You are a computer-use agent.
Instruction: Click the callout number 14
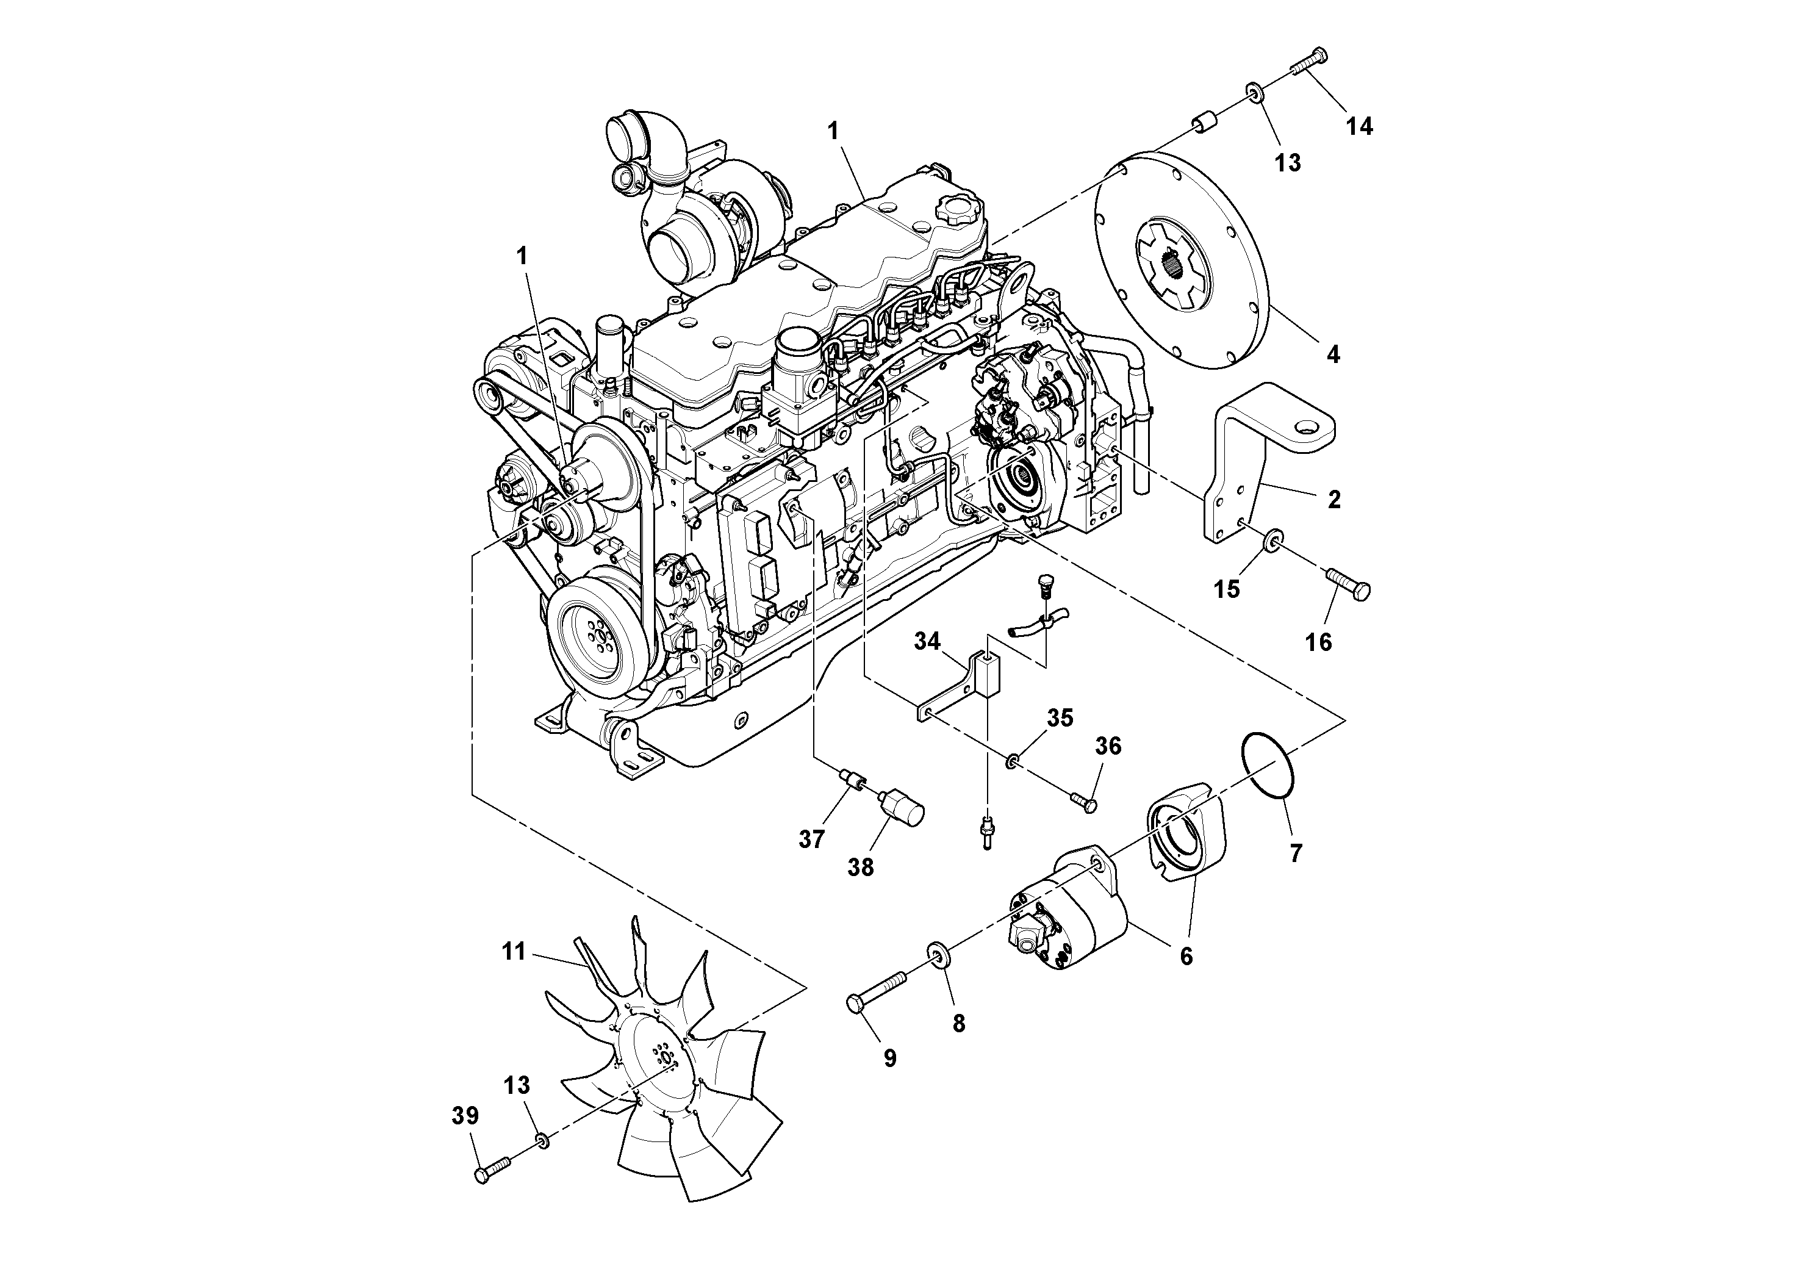pyautogui.click(x=1360, y=126)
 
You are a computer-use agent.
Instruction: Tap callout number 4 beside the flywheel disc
pyautogui.click(x=1333, y=355)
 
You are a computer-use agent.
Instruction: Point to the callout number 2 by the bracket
pyautogui.click(x=1333, y=500)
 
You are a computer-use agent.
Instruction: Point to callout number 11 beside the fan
pyautogui.click(x=514, y=952)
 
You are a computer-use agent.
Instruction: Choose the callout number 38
pyautogui.click(x=861, y=868)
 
